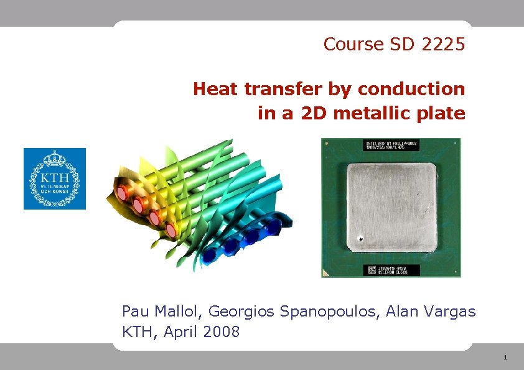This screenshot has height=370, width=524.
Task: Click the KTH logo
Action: pos(55,178)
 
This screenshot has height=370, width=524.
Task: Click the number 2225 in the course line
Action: pos(443,45)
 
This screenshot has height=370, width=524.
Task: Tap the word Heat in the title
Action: pos(216,90)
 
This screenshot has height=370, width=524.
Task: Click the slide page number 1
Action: pos(505,358)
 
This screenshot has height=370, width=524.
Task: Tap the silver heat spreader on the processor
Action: pos(390,208)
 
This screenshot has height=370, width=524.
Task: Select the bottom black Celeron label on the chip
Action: pos(391,271)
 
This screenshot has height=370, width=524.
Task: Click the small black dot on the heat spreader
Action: pos(360,238)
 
